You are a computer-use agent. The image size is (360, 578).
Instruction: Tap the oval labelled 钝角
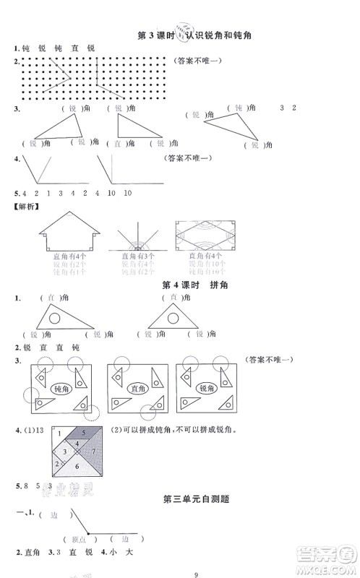pos(60,388)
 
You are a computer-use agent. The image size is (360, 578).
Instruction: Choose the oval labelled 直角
pos(134,388)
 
